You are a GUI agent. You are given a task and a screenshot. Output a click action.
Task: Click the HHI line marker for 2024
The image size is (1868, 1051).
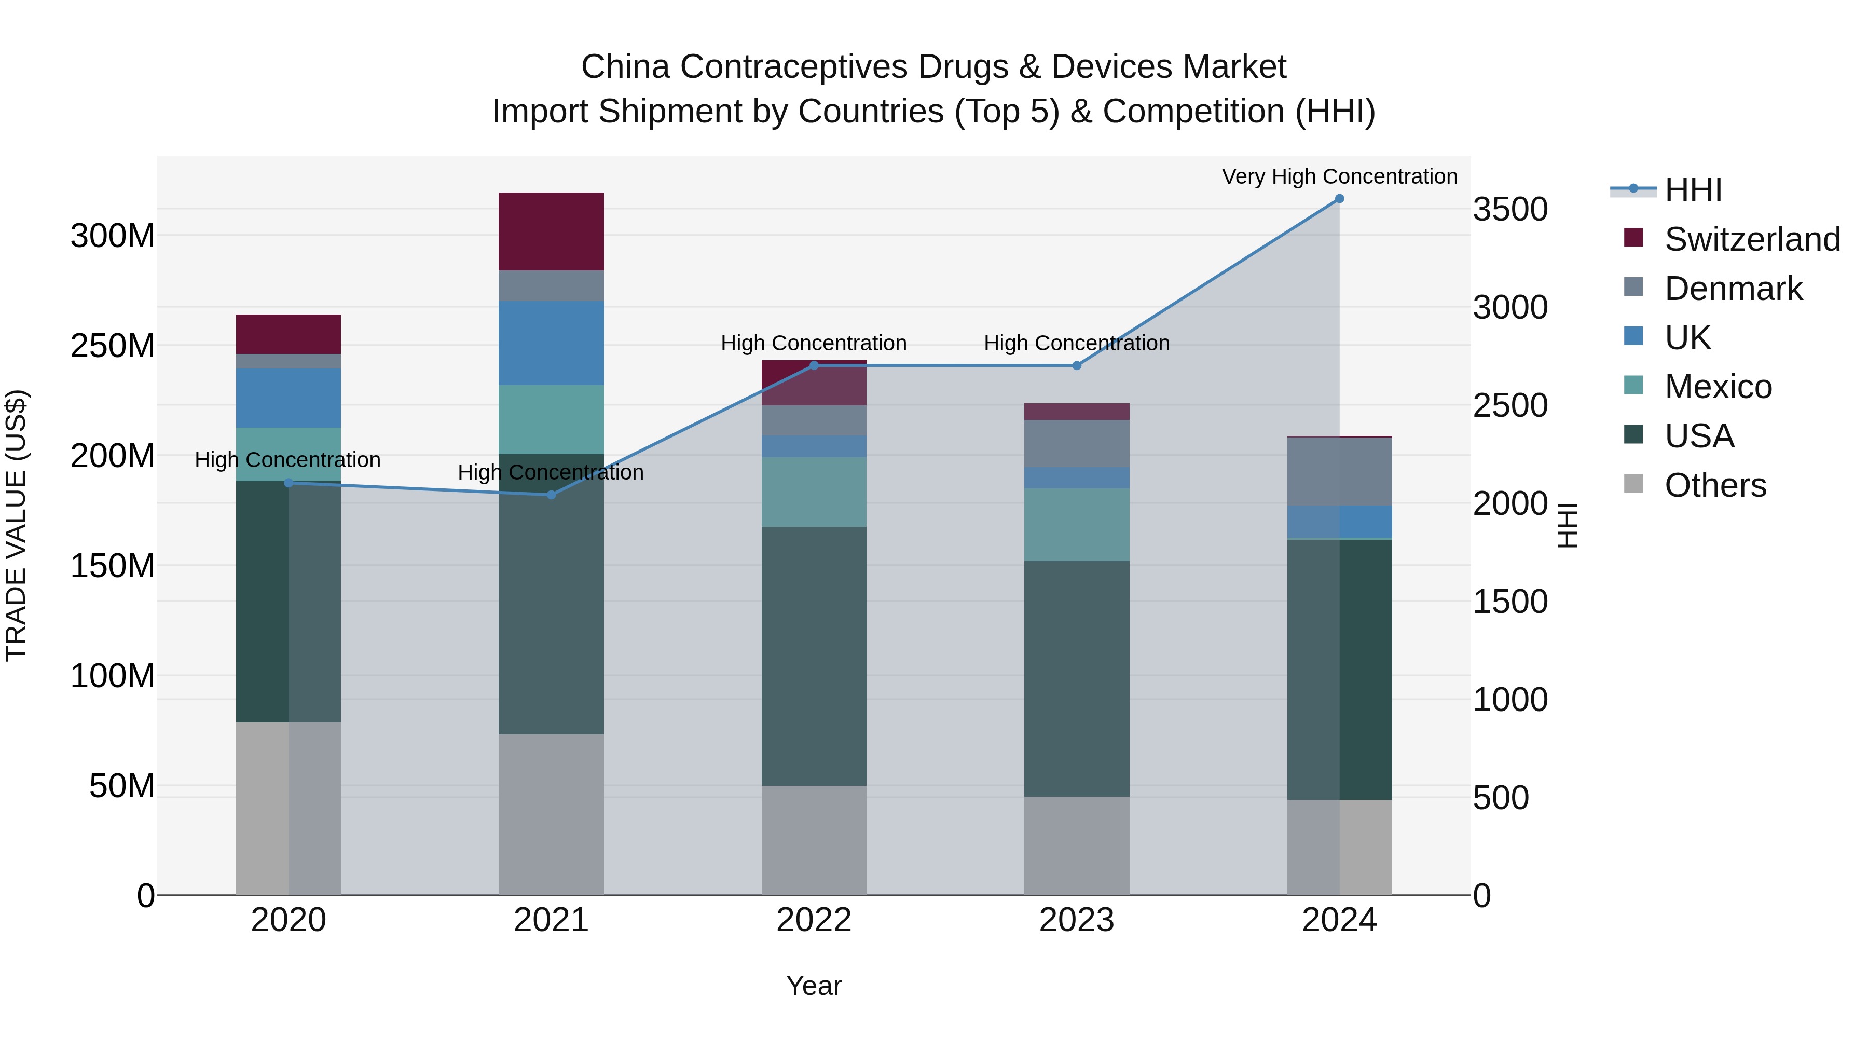tap(1339, 199)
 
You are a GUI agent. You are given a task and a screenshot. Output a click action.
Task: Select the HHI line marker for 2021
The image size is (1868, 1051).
tap(551, 495)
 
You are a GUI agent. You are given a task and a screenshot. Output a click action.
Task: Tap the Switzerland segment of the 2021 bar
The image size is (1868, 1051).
tap(551, 231)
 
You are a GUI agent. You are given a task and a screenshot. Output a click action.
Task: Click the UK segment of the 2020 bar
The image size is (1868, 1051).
tap(289, 398)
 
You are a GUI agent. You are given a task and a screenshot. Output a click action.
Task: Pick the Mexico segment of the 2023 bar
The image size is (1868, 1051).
tap(1076, 524)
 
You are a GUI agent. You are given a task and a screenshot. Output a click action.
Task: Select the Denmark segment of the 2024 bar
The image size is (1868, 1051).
tap(1339, 471)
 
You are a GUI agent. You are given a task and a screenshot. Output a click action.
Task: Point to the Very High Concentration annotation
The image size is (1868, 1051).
tap(1339, 176)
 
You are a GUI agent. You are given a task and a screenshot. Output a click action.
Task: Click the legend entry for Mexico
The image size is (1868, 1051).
tap(1718, 387)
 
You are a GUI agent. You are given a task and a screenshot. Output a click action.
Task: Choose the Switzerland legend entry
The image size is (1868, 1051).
tap(1752, 239)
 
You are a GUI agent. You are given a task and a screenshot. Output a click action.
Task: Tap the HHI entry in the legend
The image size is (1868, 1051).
tap(1693, 190)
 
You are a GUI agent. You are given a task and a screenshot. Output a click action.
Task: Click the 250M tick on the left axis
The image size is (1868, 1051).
tap(113, 346)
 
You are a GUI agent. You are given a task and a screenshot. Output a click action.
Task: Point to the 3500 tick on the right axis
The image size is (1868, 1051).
tap(1510, 210)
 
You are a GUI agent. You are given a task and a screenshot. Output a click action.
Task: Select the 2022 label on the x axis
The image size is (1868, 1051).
tap(814, 920)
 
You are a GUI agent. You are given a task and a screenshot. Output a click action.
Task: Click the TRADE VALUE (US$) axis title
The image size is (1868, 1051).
tap(16, 525)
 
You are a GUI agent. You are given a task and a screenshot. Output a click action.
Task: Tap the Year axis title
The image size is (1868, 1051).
tap(814, 986)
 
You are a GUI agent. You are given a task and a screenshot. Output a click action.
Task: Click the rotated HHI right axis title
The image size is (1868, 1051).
tap(1568, 525)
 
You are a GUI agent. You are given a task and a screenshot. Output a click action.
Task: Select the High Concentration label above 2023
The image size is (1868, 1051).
tap(1076, 343)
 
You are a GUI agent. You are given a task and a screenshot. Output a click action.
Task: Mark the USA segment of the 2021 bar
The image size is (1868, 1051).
tap(551, 594)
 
